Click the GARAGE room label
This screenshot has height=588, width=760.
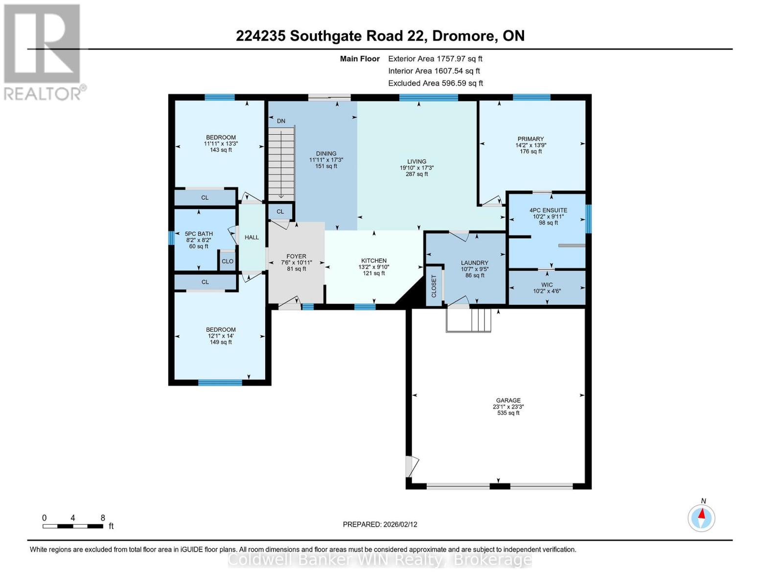pyautogui.click(x=508, y=400)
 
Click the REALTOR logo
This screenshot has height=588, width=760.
pyautogui.click(x=43, y=51)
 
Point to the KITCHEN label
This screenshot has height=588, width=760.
pyautogui.click(x=374, y=261)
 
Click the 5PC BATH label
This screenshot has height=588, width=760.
pyautogui.click(x=199, y=234)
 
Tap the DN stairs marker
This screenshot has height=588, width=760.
pyautogui.click(x=281, y=121)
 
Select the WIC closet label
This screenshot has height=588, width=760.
pyautogui.click(x=547, y=285)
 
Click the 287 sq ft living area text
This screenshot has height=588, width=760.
pyautogui.click(x=416, y=174)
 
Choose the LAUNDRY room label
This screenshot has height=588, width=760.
pyautogui.click(x=474, y=263)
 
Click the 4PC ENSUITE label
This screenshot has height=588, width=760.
pyautogui.click(x=548, y=210)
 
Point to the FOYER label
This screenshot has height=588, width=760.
pyautogui.click(x=296, y=256)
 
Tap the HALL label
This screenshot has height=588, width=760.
pyautogui.click(x=252, y=237)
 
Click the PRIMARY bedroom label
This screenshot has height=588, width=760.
pyautogui.click(x=530, y=139)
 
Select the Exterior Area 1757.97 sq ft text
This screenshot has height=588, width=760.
pyautogui.click(x=435, y=58)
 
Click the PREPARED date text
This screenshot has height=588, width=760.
pyautogui.click(x=380, y=524)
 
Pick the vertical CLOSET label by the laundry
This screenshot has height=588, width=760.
pyautogui.click(x=434, y=286)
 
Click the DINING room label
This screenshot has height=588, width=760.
pyautogui.click(x=326, y=153)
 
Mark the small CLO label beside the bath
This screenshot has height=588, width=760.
pyautogui.click(x=228, y=261)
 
